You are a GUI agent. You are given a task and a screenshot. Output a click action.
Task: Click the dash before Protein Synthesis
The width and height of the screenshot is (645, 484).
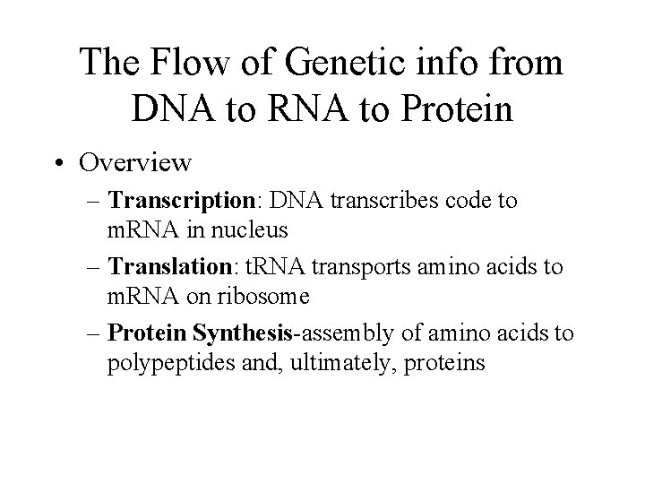pos(96,333)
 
